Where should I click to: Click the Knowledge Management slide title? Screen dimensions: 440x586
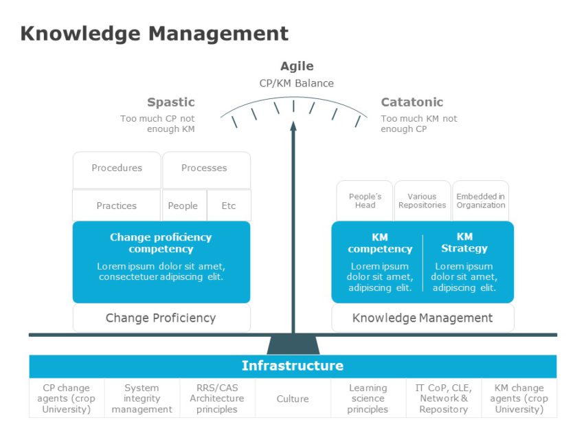[155, 33]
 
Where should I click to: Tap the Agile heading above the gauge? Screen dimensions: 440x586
[297, 66]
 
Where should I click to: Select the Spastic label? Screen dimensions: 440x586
[171, 102]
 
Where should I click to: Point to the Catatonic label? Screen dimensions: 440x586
[412, 102]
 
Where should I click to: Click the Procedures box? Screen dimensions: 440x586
[117, 168]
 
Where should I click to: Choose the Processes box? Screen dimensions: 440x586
[204, 168]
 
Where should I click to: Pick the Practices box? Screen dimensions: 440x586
[117, 206]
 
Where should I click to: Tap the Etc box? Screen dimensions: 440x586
[229, 206]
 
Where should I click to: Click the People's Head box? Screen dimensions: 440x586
[365, 201]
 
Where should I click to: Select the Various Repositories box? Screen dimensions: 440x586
[422, 201]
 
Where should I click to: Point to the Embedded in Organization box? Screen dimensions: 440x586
[480, 201]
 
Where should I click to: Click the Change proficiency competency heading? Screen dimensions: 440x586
[161, 243]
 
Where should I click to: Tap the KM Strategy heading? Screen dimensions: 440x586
[464, 243]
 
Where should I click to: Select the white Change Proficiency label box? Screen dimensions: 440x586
[161, 318]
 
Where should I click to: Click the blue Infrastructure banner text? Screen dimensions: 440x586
[293, 366]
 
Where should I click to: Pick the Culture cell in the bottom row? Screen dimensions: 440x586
[293, 399]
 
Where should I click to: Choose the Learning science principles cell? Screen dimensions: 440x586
[368, 399]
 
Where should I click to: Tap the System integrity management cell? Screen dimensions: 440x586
[142, 399]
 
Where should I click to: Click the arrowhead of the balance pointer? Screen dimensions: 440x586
[293, 126]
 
